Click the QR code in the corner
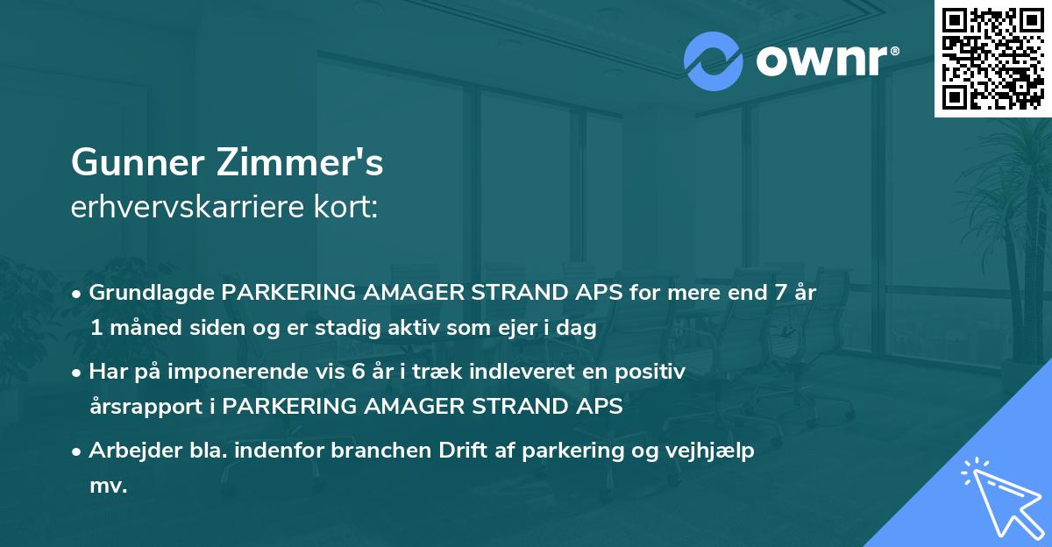click(992, 59)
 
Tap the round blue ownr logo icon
click(714, 60)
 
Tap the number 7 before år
click(777, 293)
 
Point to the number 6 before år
click(359, 372)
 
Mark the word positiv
click(652, 372)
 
